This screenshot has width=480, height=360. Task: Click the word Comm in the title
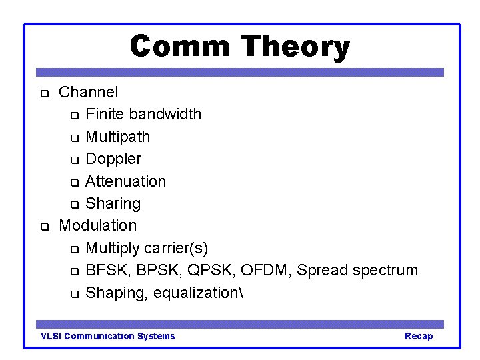click(180, 46)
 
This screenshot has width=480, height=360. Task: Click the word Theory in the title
click(295, 47)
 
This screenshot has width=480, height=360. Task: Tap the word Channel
click(88, 92)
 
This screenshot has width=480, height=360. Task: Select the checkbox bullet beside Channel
click(45, 93)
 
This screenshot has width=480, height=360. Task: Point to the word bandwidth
click(165, 114)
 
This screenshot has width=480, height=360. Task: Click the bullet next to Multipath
click(75, 138)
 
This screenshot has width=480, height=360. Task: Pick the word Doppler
click(113, 159)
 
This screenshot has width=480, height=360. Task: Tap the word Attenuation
click(126, 181)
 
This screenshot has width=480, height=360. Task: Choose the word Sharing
click(113, 204)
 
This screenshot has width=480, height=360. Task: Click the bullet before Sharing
click(75, 205)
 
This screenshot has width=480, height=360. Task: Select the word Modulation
click(97, 225)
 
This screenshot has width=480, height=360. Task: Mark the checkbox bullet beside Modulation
click(45, 227)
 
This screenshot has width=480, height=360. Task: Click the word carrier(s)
click(176, 248)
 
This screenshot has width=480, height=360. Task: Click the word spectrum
click(385, 271)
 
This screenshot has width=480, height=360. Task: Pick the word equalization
click(196, 293)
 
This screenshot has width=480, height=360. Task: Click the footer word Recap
click(419, 337)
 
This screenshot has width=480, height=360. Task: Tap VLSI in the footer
click(51, 336)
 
